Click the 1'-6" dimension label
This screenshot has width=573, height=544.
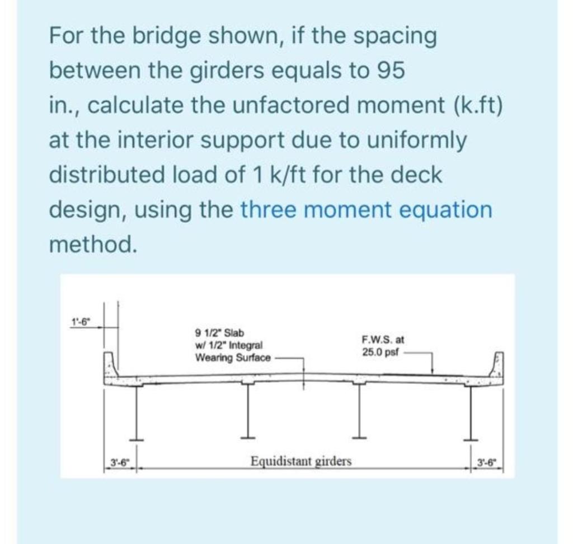click(82, 321)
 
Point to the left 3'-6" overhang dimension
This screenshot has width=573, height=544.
click(119, 462)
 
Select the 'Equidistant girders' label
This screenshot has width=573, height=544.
click(301, 461)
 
